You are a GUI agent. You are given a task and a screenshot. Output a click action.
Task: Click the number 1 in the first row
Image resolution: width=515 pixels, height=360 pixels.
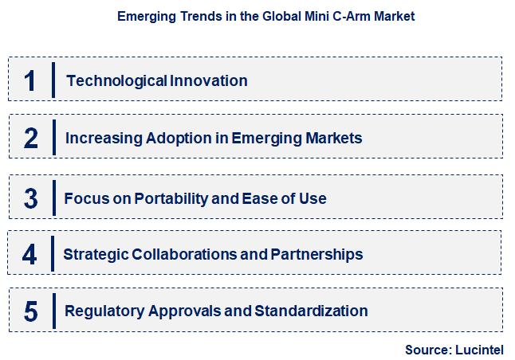click(x=30, y=80)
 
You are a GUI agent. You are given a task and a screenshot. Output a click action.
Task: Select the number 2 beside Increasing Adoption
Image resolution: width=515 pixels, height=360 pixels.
click(x=31, y=138)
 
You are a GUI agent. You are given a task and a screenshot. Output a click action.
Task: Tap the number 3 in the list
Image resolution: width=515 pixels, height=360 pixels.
click(x=31, y=198)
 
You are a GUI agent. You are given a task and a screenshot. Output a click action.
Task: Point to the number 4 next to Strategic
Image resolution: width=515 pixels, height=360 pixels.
click(x=30, y=254)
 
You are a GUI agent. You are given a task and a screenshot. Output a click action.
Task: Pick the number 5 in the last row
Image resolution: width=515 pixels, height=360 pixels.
click(x=31, y=311)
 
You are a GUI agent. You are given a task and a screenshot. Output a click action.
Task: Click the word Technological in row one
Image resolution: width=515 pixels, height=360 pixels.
click(x=116, y=80)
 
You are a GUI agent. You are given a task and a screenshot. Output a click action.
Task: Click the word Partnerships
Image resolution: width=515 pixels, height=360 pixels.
click(x=316, y=254)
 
